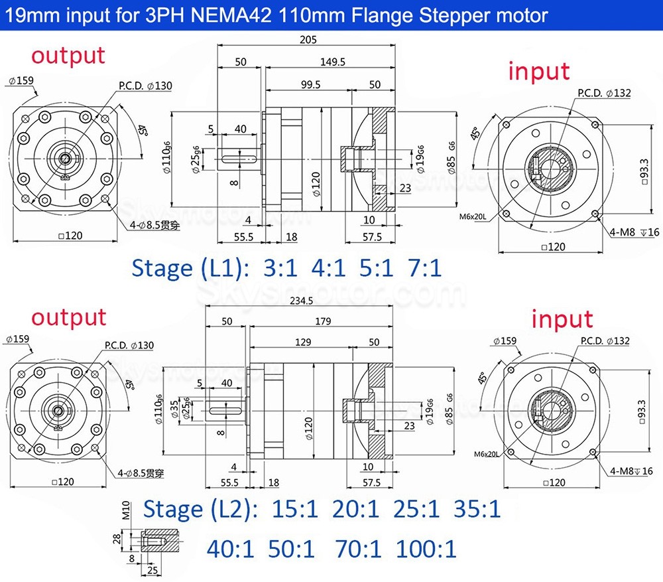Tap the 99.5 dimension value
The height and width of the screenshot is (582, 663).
[310, 84]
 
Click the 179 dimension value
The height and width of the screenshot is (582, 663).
[323, 322]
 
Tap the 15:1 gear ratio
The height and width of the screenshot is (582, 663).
[294, 510]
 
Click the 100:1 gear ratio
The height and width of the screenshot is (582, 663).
[426, 549]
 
